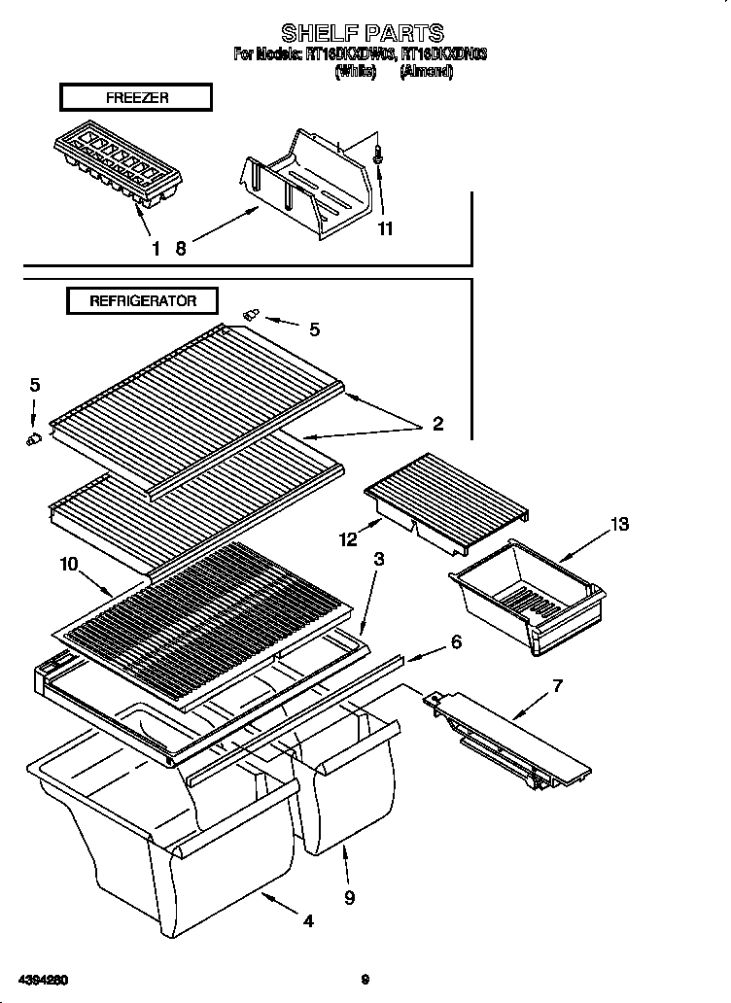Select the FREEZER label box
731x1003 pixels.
point(136,97)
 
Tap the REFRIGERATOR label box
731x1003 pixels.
point(143,301)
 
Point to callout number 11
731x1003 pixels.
point(385,229)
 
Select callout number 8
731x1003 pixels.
point(180,248)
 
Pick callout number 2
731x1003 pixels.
point(437,423)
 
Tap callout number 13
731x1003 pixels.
point(618,525)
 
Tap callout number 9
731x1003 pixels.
point(349,897)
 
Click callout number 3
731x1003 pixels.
point(378,559)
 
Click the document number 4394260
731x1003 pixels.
point(42,979)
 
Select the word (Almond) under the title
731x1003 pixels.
point(427,72)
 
